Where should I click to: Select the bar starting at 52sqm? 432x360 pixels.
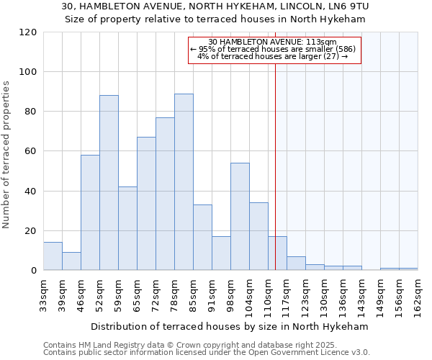(x=109, y=183)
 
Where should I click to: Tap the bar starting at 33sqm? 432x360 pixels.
(x=53, y=256)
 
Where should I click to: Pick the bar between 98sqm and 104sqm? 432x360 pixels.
(x=240, y=217)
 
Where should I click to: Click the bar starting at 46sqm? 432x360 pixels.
(x=90, y=212)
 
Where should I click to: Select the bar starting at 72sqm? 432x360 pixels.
(x=165, y=194)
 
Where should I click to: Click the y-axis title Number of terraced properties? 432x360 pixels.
(x=6, y=155)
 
